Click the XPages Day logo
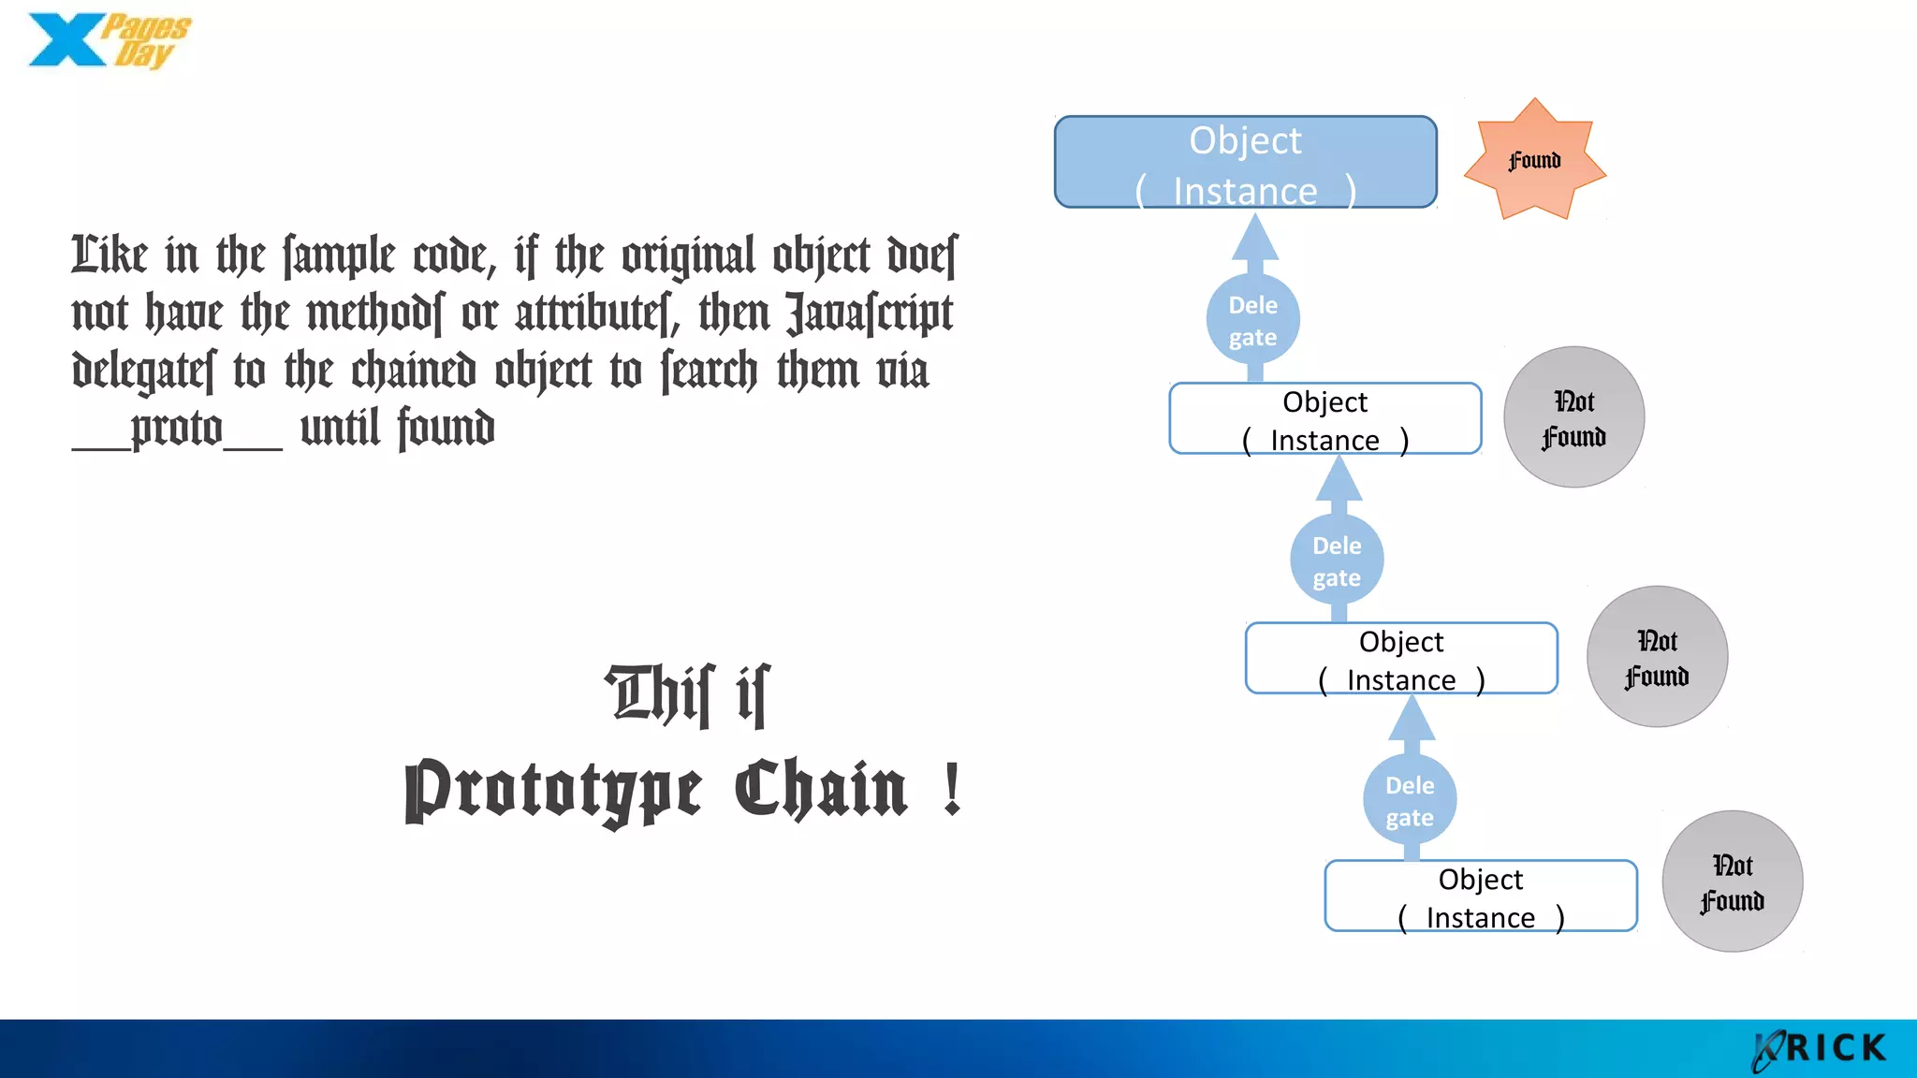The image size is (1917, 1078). [x=108, y=41]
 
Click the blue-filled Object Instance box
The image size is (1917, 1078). [x=1245, y=162]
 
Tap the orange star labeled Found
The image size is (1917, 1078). [x=1534, y=160]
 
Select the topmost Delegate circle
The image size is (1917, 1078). [x=1252, y=320]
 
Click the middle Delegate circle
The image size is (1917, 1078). [x=1337, y=561]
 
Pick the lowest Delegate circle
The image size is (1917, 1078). [x=1410, y=800]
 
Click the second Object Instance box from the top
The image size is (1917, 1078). [x=1324, y=419]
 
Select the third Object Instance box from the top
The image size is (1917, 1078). [x=1401, y=659]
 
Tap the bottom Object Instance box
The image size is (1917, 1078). [x=1481, y=896]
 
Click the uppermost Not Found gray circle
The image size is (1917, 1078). [x=1573, y=417]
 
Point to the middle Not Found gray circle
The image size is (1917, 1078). [x=1657, y=657]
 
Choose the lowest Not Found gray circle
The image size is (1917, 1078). [x=1732, y=881]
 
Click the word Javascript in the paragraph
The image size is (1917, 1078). [x=869, y=314]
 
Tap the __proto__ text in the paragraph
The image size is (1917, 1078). [x=177, y=430]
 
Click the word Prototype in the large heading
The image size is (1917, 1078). [x=552, y=791]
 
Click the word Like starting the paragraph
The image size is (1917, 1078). [x=110, y=255]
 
